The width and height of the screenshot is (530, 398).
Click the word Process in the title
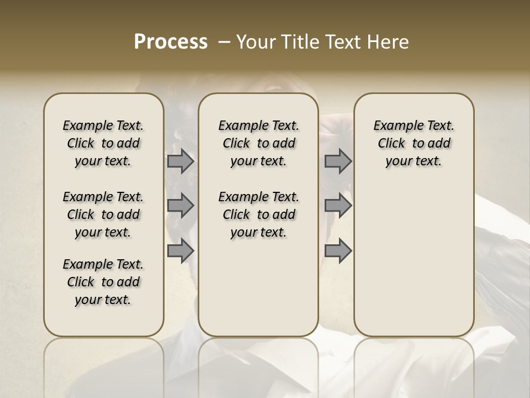171,42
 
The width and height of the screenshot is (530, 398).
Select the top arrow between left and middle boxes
181,161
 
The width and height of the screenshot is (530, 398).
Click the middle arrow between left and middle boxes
181,206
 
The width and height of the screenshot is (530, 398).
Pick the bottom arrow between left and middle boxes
181,251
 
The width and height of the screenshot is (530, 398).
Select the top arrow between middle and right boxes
338,161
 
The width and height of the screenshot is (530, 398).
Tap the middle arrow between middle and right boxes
338,206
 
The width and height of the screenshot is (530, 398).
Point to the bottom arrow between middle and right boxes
338,251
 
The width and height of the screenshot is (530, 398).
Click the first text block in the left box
103,143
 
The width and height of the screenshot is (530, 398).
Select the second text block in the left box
103,214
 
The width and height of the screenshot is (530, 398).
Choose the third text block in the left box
103,282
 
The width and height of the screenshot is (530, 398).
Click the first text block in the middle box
258,143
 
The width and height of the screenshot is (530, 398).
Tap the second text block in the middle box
258,214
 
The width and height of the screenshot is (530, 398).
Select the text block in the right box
414,143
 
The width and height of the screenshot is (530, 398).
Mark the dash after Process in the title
224,42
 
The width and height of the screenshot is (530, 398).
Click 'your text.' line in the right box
414,161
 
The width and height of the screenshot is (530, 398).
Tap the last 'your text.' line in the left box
103,300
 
